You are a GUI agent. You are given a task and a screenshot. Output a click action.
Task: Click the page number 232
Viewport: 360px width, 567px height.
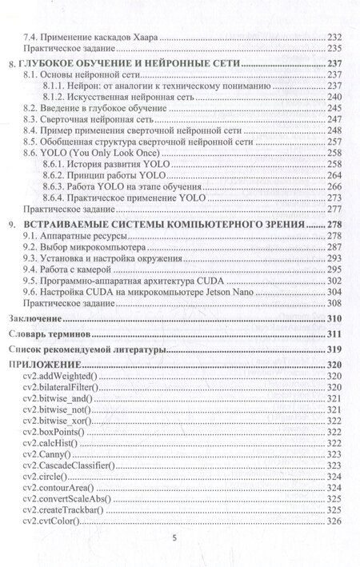tap(334, 38)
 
